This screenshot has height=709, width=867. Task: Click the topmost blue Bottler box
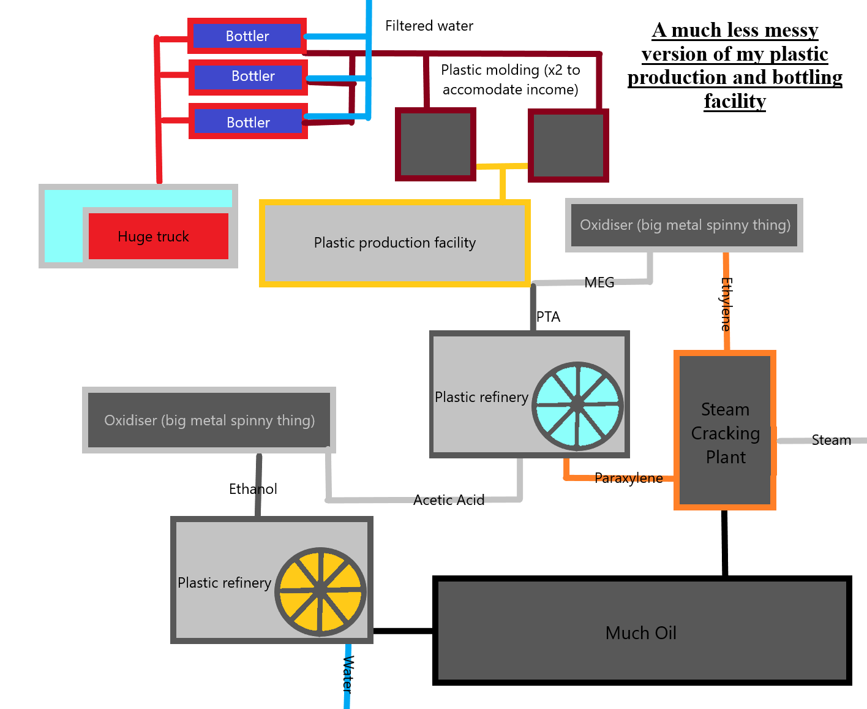pyautogui.click(x=247, y=36)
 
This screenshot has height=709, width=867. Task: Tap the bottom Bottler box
pyautogui.click(x=248, y=122)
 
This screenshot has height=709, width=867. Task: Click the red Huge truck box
pyautogui.click(x=158, y=237)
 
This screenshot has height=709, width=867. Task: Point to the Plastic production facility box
pyautogui.click(x=394, y=243)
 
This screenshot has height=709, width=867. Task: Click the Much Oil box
pyautogui.click(x=642, y=632)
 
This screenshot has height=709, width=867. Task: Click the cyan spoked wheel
pyautogui.click(x=577, y=406)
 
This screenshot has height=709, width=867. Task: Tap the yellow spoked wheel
pyautogui.click(x=320, y=591)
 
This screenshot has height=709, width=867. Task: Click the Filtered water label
pyautogui.click(x=429, y=26)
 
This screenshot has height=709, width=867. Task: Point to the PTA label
pyautogui.click(x=548, y=317)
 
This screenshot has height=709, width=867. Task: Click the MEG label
pyautogui.click(x=599, y=282)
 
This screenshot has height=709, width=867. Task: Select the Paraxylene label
pyautogui.click(x=628, y=478)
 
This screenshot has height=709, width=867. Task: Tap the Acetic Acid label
pyautogui.click(x=449, y=500)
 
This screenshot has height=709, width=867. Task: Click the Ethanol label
pyautogui.click(x=253, y=489)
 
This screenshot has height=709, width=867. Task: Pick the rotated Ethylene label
pyautogui.click(x=726, y=304)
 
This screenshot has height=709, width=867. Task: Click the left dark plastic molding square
pyautogui.click(x=435, y=144)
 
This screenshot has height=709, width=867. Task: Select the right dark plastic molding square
pyautogui.click(x=568, y=145)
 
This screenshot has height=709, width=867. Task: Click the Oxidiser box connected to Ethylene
pyautogui.click(x=684, y=225)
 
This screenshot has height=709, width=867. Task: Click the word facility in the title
pyautogui.click(x=735, y=100)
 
